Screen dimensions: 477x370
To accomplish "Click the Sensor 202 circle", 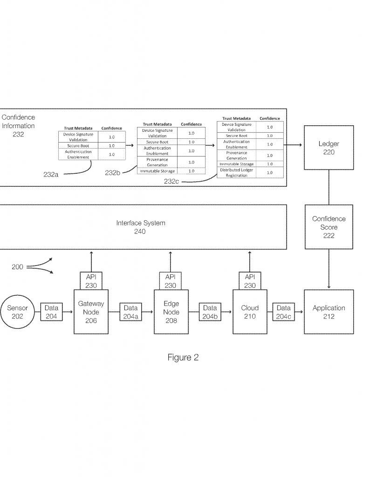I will [x=18, y=312].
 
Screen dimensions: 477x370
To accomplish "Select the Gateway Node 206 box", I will [x=91, y=312].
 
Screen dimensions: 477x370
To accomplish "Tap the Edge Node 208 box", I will [x=171, y=312].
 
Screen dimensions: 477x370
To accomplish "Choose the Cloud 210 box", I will [x=250, y=312].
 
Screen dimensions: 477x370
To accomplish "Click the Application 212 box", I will [x=329, y=312].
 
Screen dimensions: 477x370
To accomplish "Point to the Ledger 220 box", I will [x=329, y=148].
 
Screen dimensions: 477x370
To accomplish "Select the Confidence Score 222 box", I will [x=329, y=227].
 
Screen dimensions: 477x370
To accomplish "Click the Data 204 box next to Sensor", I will [x=51, y=312].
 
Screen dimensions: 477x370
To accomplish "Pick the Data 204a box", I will [x=130, y=312].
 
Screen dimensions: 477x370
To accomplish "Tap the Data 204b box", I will [x=210, y=312].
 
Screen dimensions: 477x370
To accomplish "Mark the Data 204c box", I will [x=283, y=312].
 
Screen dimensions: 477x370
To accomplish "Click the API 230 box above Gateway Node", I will [x=91, y=281].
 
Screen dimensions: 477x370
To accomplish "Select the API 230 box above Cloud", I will [x=250, y=281].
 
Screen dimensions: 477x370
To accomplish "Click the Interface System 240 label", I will [x=140, y=227].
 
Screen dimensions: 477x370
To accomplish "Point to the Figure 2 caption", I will [x=183, y=358].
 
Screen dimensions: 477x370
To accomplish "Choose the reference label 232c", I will [x=172, y=181].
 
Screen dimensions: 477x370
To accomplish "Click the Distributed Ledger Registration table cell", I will [x=236, y=173].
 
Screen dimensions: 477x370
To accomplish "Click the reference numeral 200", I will [x=18, y=267].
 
